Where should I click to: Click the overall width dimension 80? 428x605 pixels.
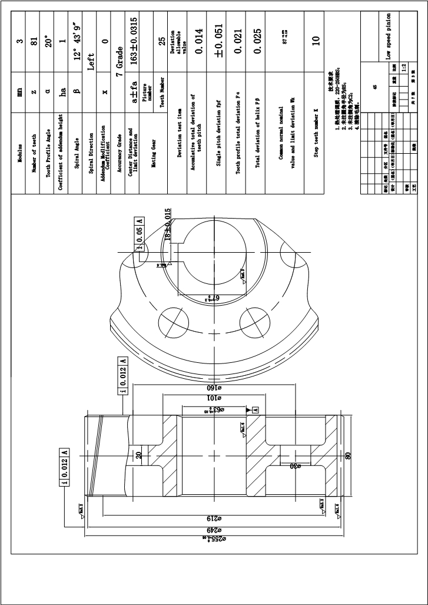point(349,455)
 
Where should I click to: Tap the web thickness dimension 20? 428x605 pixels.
point(139,455)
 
